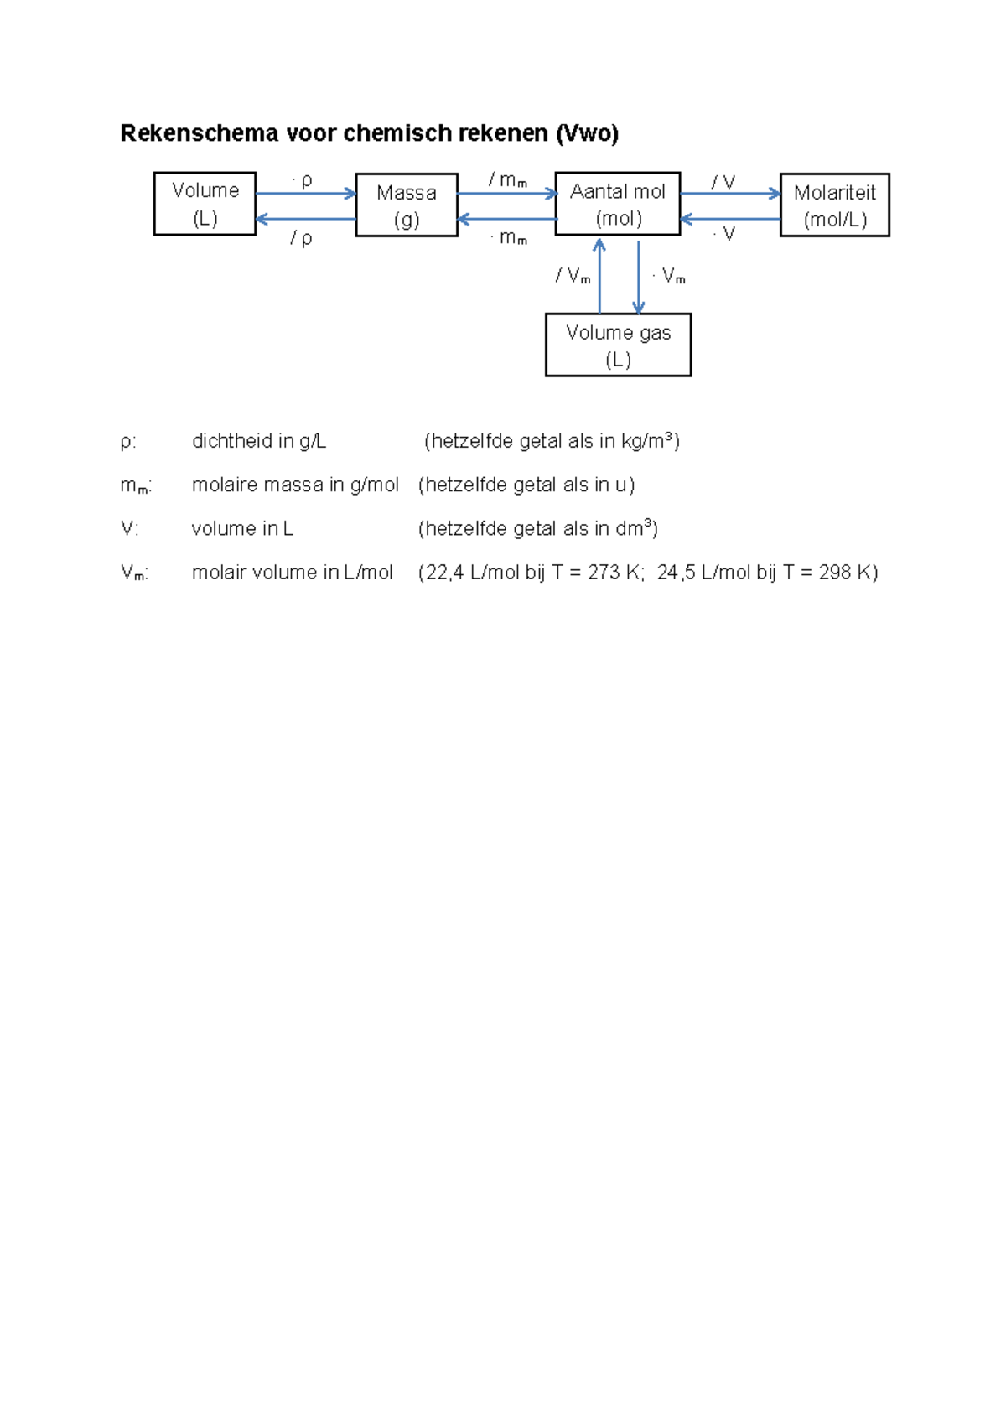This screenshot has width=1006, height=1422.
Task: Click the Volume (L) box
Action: click(x=205, y=204)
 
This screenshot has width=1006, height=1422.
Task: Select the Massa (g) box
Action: click(x=407, y=205)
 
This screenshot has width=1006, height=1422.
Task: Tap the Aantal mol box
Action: click(x=618, y=204)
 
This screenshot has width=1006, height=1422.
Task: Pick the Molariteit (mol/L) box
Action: click(x=834, y=205)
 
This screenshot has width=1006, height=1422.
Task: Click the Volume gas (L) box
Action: click(x=618, y=345)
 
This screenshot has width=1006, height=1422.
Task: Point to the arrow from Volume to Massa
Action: click(x=306, y=194)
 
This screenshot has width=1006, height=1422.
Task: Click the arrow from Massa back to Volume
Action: click(x=306, y=219)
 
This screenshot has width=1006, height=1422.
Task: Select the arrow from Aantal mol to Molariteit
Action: click(x=730, y=194)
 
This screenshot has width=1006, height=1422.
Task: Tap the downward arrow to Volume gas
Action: click(x=639, y=277)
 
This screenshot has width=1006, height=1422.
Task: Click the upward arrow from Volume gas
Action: click(x=599, y=277)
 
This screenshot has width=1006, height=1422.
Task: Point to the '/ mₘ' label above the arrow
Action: click(x=508, y=180)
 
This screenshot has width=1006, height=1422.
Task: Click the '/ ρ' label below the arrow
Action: click(x=302, y=239)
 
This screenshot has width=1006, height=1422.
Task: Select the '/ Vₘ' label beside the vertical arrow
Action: click(x=573, y=276)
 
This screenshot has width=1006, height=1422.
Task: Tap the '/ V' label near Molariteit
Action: click(x=723, y=182)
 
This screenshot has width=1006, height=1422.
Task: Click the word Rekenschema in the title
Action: click(x=200, y=133)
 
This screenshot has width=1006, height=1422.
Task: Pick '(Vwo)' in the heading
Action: click(x=587, y=133)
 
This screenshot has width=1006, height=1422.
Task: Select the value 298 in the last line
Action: click(x=835, y=573)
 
